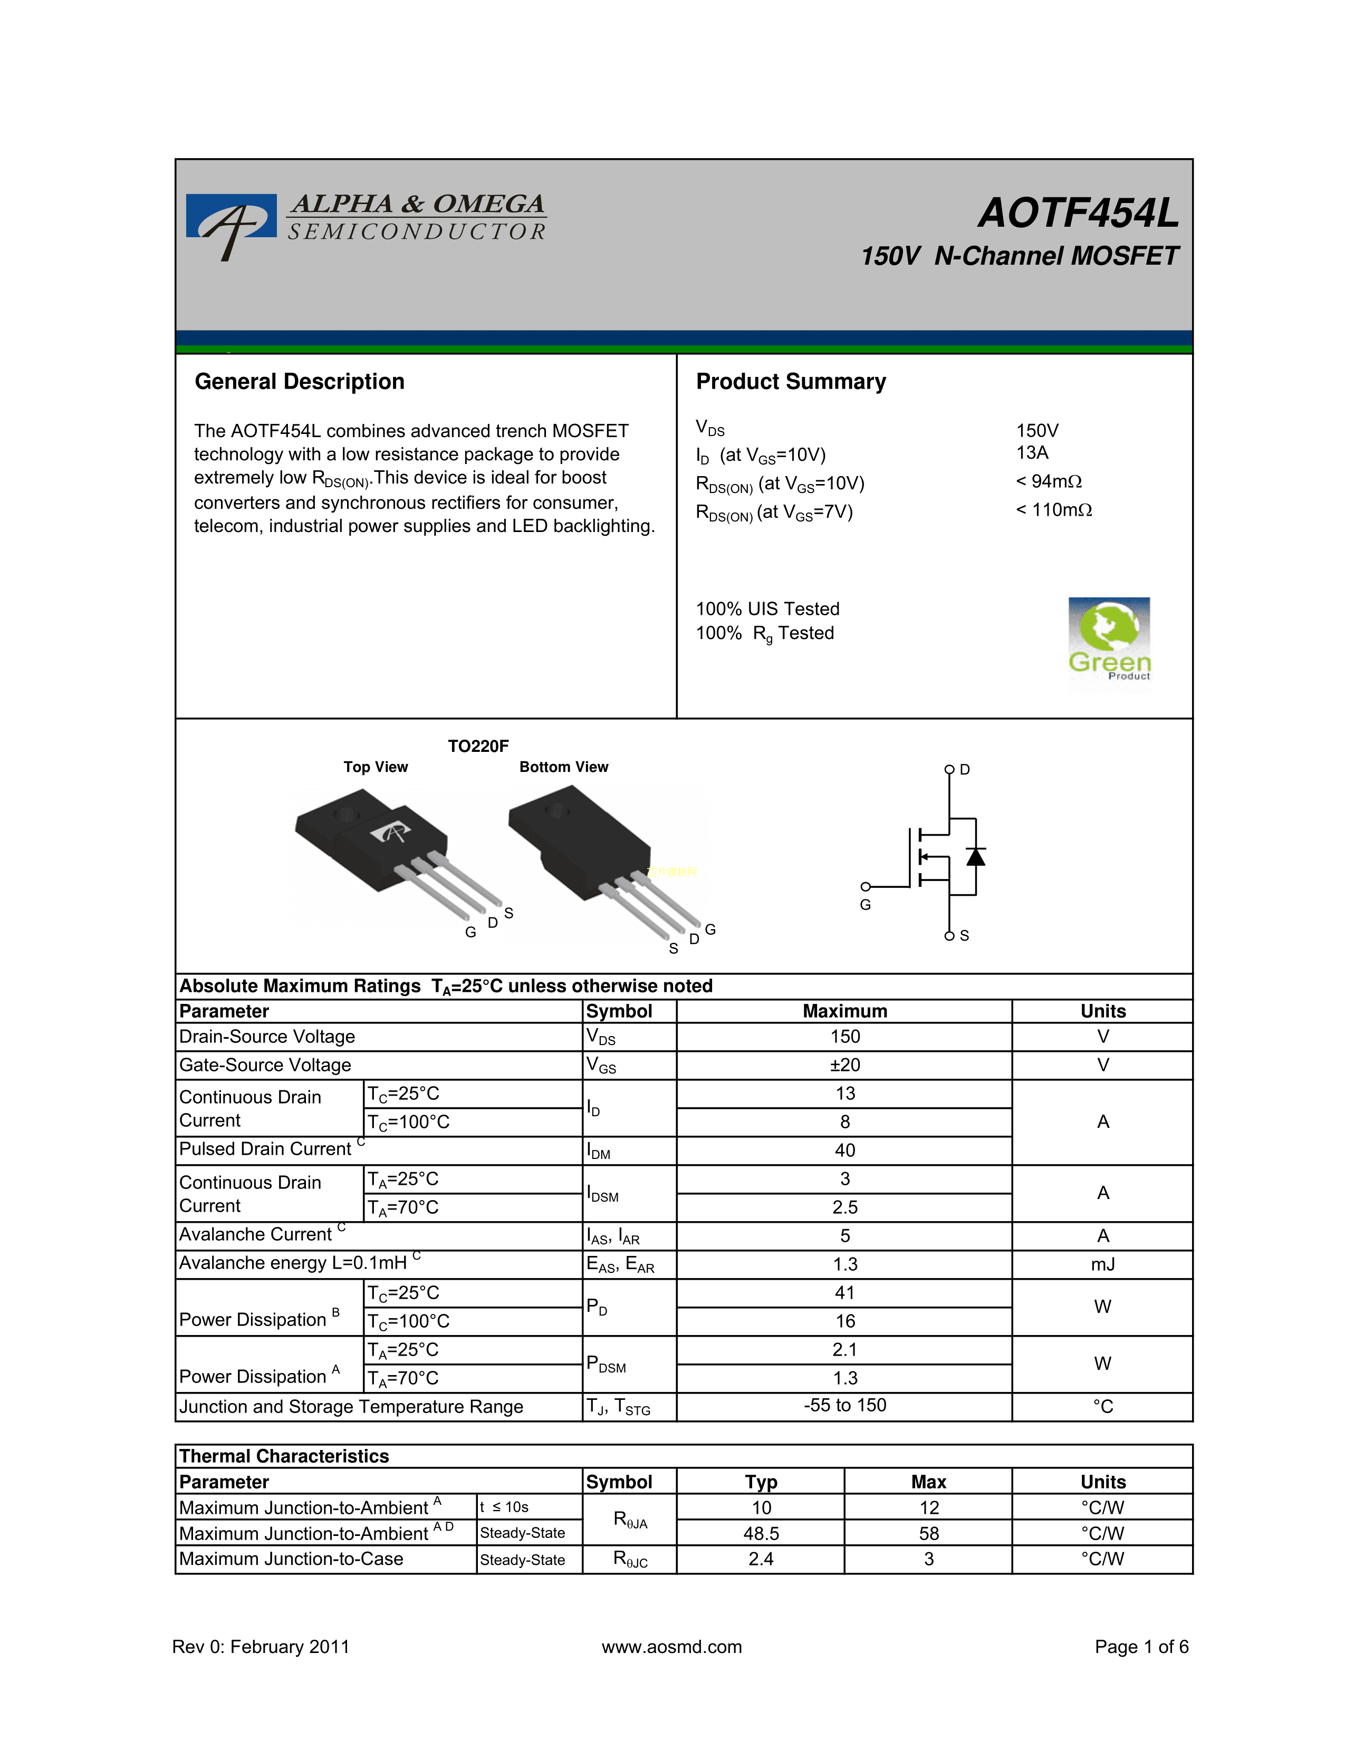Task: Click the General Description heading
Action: click(300, 382)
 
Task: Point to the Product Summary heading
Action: click(791, 382)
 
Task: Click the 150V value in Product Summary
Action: click(1036, 431)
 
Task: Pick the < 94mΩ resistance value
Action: click(1049, 481)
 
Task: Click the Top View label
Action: click(376, 767)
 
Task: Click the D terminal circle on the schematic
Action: click(949, 770)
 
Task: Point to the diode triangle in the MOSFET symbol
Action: click(975, 857)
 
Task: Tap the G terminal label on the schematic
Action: click(866, 905)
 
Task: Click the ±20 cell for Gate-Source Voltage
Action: click(844, 1065)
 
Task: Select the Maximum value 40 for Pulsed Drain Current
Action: click(844, 1151)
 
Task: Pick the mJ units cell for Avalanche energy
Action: click(1103, 1264)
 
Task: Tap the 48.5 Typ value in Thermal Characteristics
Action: click(761, 1534)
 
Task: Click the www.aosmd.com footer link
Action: click(671, 1647)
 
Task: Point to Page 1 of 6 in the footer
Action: click(1141, 1647)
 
